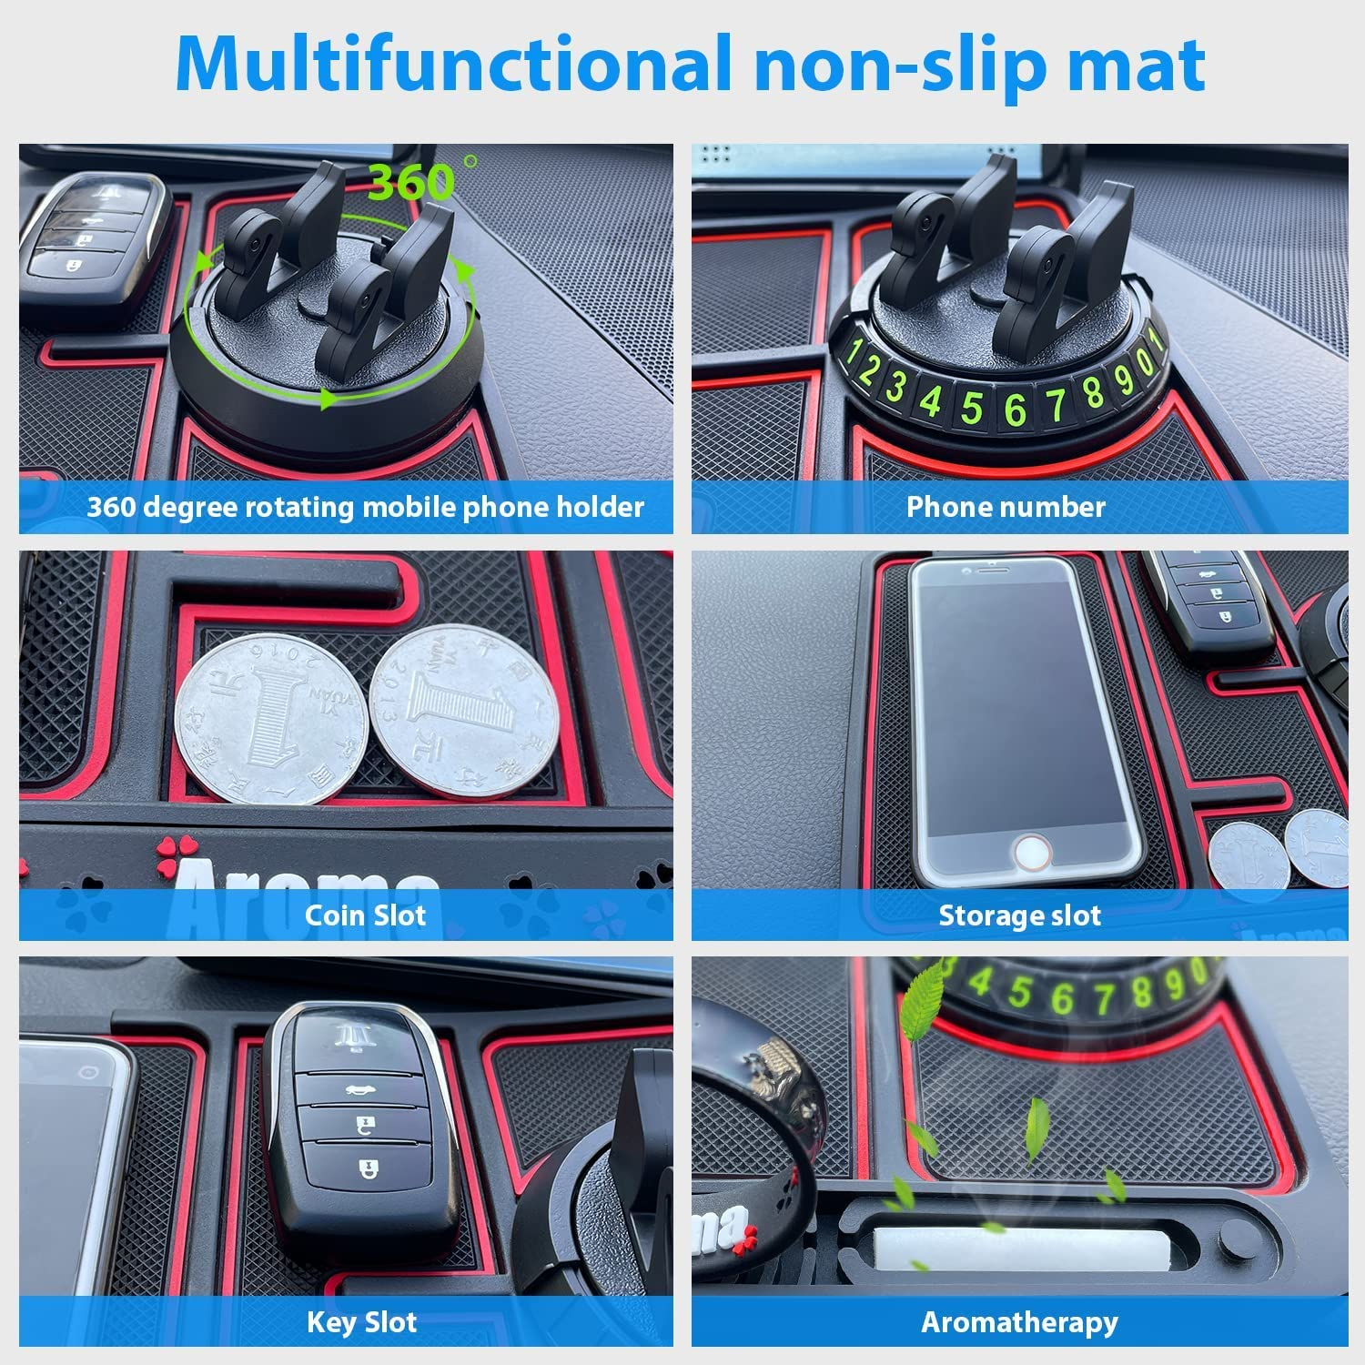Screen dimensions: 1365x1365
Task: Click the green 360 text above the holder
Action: (411, 182)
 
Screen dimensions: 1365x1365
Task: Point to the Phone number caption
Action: (1006, 507)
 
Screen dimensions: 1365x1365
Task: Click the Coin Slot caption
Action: (365, 915)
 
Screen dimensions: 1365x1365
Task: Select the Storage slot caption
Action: (1019, 915)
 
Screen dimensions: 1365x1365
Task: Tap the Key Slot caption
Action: (362, 1321)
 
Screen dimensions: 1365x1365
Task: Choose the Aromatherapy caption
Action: (1019, 1321)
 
